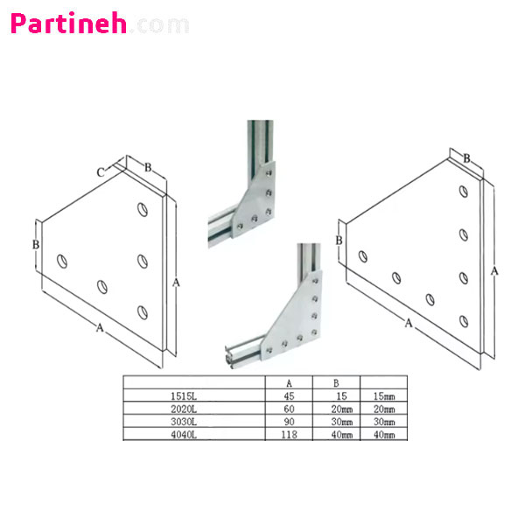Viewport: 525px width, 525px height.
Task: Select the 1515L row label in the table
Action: tap(184, 396)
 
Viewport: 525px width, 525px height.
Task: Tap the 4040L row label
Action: tap(184, 435)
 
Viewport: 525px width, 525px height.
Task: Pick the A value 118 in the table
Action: tap(289, 435)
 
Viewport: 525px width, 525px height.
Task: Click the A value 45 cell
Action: tap(289, 396)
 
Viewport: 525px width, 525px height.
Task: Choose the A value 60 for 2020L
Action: tap(289, 409)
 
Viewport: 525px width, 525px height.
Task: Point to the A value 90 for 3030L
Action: tap(289, 422)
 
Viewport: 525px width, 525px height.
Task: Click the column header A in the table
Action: tap(289, 383)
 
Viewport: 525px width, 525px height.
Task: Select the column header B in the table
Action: tap(336, 383)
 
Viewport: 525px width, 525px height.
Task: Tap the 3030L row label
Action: tap(184, 422)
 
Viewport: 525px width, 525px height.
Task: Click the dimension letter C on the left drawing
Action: tap(101, 172)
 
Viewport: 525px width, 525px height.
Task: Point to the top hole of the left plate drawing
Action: tap(143, 210)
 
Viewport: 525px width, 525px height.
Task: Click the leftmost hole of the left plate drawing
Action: tap(62, 261)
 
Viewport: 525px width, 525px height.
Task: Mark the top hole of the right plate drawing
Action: tap(464, 192)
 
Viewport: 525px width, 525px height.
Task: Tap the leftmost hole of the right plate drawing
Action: tap(363, 256)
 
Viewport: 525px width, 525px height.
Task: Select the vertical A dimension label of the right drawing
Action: tap(494, 271)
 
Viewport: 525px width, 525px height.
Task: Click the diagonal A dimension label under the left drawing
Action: tap(100, 327)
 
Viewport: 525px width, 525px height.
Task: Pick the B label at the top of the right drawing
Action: tap(466, 158)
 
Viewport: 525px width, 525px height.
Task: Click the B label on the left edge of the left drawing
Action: tap(36, 245)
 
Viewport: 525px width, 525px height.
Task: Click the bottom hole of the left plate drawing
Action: tap(143, 312)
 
